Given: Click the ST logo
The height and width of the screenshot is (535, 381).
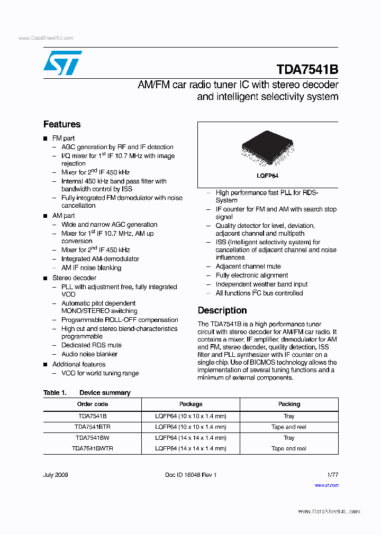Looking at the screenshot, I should [x=62, y=63].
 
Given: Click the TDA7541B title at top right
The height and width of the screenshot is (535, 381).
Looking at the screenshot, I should [x=307, y=70].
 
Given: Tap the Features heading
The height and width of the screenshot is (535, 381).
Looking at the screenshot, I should [x=62, y=124].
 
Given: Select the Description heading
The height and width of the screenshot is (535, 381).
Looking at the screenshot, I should [x=222, y=310].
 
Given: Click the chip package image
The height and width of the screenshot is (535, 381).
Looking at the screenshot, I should [x=267, y=147].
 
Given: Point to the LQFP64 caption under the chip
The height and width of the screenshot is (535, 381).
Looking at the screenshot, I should [x=268, y=176].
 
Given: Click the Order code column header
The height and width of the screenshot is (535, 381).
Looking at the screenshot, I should [x=92, y=404].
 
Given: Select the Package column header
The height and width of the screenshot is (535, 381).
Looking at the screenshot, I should [x=190, y=404].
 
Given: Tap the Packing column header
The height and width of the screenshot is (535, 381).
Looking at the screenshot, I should [x=289, y=404].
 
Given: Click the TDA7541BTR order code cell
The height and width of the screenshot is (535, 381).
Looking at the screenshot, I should [x=92, y=427].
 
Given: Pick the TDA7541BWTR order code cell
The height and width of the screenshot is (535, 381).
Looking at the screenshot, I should [x=92, y=448].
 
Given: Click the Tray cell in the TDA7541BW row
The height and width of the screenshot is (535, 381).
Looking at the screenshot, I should [x=289, y=438].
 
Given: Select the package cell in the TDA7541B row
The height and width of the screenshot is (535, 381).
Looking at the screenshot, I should [x=190, y=416].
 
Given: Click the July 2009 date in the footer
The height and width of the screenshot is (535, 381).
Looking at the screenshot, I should [x=56, y=475].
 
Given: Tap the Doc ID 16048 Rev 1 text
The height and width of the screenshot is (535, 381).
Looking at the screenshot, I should [x=191, y=475].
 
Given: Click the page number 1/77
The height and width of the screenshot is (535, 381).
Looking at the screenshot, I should [x=331, y=475].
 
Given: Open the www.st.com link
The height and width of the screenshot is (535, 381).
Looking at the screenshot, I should [x=326, y=485].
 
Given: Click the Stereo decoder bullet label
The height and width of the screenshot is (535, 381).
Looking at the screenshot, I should [x=74, y=278].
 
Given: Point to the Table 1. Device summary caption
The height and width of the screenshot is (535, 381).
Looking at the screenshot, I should [x=87, y=393].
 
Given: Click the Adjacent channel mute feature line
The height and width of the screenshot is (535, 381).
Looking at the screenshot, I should [x=248, y=266].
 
